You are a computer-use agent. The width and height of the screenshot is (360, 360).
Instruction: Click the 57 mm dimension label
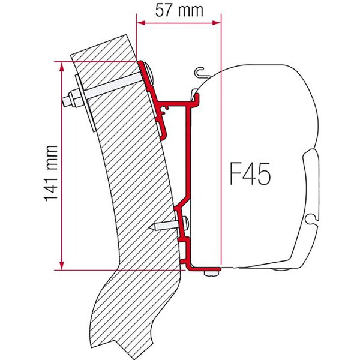178,10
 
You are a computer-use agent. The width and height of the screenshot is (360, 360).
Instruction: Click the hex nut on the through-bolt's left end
73,97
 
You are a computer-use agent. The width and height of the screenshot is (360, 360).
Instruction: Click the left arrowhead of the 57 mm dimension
140,23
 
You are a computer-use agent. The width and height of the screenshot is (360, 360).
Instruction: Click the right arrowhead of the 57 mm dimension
218,23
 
